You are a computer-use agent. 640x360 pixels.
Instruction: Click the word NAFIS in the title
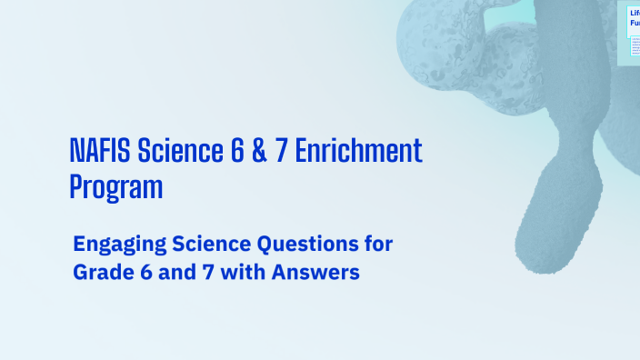tap(96, 152)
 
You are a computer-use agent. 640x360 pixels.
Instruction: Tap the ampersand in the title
tap(256, 152)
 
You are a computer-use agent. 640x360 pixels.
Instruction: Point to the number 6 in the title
tap(232, 152)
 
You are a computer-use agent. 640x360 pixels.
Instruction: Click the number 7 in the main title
tap(282, 152)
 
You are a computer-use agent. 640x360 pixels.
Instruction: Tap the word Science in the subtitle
tap(195, 244)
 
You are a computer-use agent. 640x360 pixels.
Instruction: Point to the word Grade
tap(102, 272)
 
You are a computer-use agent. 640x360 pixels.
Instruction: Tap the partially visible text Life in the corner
tap(635, 13)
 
